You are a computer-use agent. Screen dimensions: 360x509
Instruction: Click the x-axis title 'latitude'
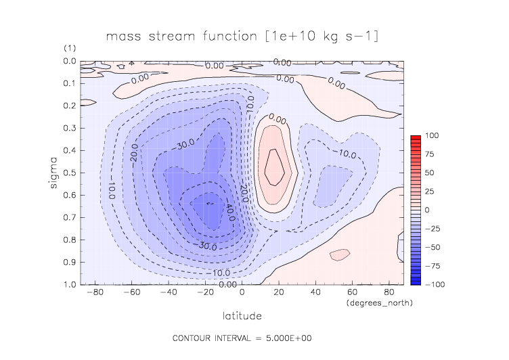click(242, 315)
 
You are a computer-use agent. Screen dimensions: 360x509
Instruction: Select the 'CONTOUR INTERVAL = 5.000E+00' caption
click(242, 338)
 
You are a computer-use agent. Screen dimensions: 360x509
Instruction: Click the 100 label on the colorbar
click(431, 136)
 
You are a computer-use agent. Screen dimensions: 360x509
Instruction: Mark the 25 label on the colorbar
click(431, 192)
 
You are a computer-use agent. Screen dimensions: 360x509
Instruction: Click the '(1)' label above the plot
click(70, 49)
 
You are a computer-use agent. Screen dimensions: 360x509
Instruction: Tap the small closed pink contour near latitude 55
click(339, 254)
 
